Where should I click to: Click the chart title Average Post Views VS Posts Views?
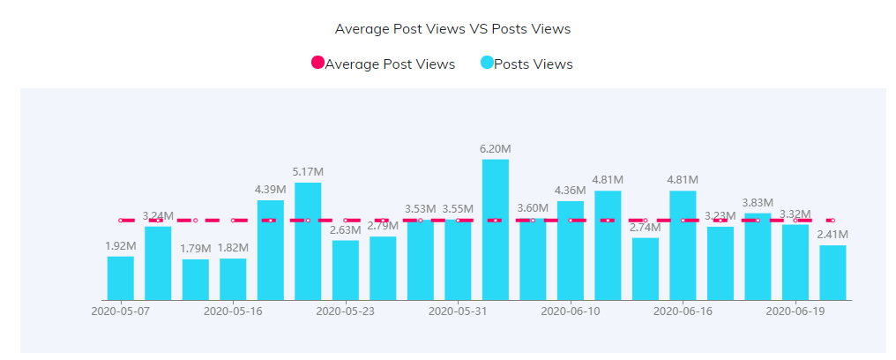pos(452,29)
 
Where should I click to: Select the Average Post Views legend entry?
pos(389,64)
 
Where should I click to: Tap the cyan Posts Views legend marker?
pos(487,64)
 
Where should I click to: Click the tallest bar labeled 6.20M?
pos(495,229)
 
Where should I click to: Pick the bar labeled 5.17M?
pos(308,241)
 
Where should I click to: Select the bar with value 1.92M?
pos(121,278)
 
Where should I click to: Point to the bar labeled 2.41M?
pos(833,273)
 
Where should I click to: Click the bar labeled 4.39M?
pos(271,250)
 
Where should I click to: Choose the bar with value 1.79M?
pos(196,280)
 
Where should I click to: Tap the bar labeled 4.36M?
pos(570,251)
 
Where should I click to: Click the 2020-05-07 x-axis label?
pos(121,311)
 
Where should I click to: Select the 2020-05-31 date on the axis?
pos(458,311)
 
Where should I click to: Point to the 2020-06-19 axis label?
pos(795,311)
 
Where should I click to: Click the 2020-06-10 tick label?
pos(570,311)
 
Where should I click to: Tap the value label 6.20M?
pos(495,149)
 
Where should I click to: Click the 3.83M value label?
pos(758,203)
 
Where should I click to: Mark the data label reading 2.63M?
pos(346,230)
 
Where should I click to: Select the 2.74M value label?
pos(645,228)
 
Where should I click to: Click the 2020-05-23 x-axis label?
pos(346,311)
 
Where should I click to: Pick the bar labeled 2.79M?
pos(383,268)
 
